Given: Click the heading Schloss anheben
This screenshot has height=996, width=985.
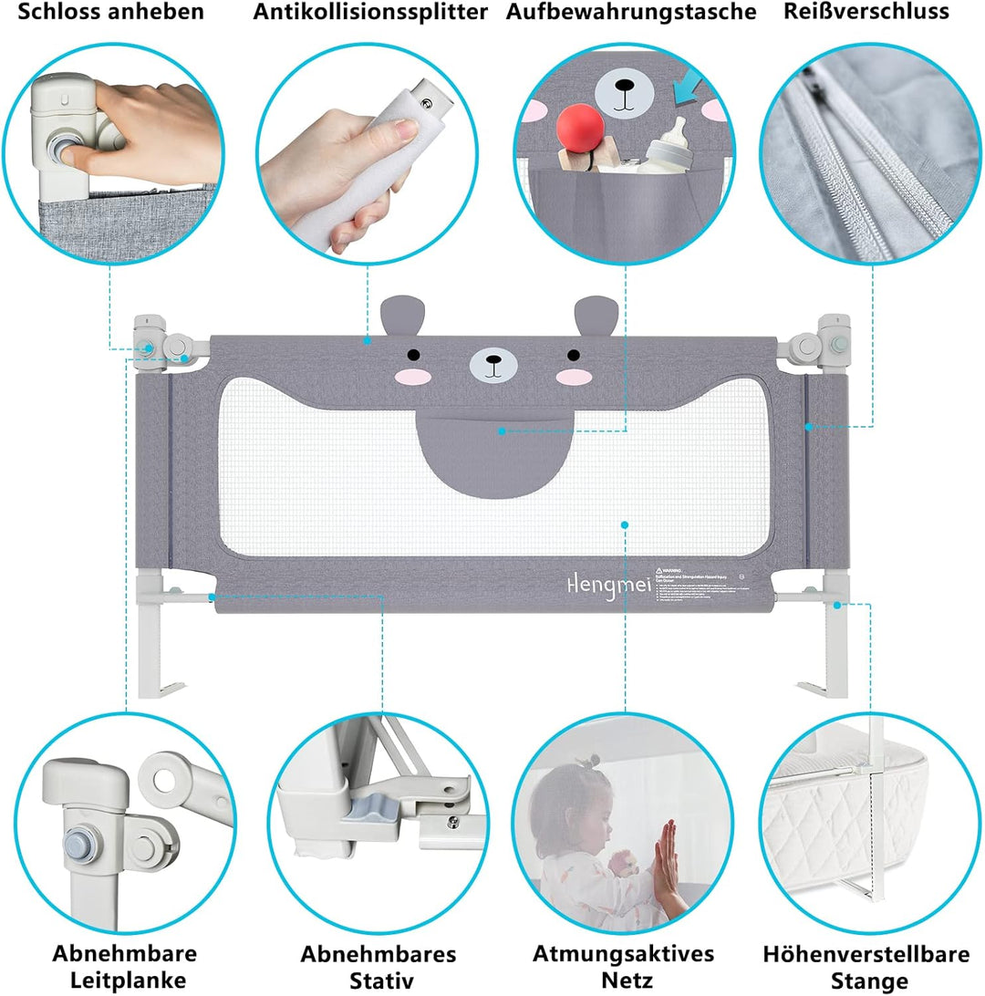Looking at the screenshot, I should tap(113, 13).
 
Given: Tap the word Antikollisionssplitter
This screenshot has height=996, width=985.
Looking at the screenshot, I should tap(370, 13).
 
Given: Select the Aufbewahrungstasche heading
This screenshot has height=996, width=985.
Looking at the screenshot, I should tap(631, 13).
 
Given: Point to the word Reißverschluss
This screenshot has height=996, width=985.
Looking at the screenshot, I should tap(866, 13).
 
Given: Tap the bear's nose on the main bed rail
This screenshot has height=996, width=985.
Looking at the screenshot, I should tap(493, 362).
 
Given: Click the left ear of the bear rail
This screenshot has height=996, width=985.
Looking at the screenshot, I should tap(398, 316).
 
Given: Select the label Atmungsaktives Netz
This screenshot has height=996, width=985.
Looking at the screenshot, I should tap(624, 967).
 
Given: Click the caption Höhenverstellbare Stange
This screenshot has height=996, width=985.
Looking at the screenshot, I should tap(866, 967).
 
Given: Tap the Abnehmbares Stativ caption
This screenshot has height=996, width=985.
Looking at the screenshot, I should tap(378, 967).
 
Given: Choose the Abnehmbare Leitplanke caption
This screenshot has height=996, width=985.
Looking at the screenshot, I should tap(124, 967).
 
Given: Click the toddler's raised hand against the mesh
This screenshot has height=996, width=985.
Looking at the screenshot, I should tap(668, 857).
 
